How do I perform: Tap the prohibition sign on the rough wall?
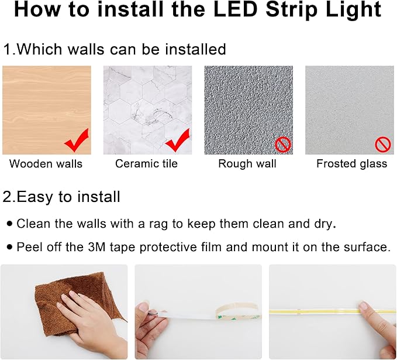(x=283, y=144)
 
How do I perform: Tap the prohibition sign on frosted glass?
(x=383, y=144)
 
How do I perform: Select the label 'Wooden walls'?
(x=46, y=164)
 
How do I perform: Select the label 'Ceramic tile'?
(x=146, y=164)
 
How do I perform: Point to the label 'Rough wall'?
(x=247, y=164)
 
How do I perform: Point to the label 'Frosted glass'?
(x=351, y=164)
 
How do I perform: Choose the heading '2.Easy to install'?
(x=61, y=197)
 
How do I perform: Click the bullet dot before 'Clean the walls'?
(x=9, y=224)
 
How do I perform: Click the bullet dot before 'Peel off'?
(x=9, y=247)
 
